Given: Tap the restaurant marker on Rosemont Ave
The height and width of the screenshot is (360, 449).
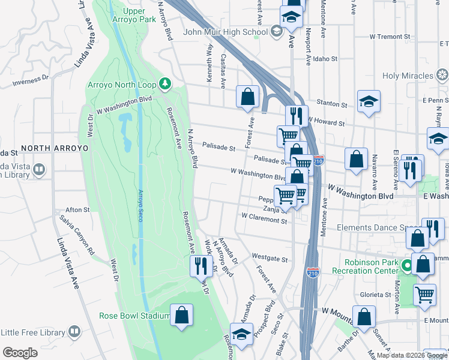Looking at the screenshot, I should (x=200, y=266).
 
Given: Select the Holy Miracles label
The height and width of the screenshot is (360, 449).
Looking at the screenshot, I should (x=408, y=76).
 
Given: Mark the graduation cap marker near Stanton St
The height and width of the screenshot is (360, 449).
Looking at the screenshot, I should (x=369, y=101).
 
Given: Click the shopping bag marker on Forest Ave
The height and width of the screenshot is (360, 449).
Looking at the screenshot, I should (x=247, y=97).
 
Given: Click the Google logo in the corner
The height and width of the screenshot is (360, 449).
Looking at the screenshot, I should (x=20, y=353).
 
